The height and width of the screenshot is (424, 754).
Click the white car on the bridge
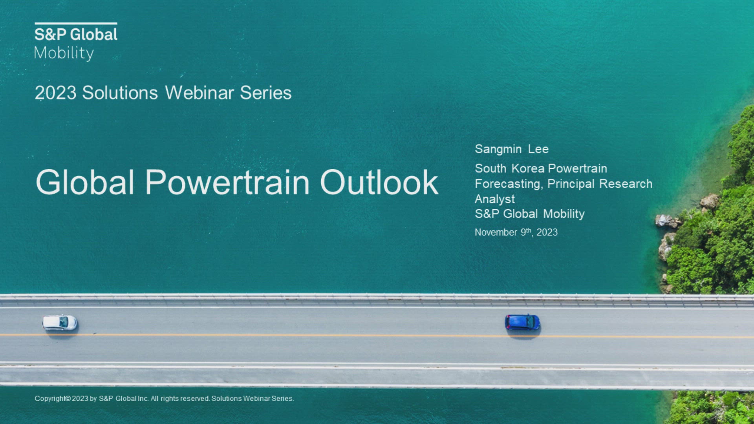pos(60,323)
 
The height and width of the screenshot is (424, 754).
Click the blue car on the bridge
pos(522,322)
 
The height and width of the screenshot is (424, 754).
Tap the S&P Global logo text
pos(76,35)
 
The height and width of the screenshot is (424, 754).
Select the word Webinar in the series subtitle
pos(199,93)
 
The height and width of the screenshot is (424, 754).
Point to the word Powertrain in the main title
pos(227,182)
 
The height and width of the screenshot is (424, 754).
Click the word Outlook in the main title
pos(379,182)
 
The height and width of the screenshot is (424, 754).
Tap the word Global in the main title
pos(85,182)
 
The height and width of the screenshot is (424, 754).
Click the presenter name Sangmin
pos(498,150)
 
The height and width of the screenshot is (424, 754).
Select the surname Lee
pos(538,149)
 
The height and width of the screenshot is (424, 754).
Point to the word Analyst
pos(495,199)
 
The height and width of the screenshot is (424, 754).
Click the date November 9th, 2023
pos(516,232)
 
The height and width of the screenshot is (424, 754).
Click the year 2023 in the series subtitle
pos(55,93)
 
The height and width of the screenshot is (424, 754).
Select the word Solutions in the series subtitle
pos(120,93)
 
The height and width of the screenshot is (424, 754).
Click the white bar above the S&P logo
pos(76,24)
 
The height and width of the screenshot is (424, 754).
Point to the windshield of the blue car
pos(531,322)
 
